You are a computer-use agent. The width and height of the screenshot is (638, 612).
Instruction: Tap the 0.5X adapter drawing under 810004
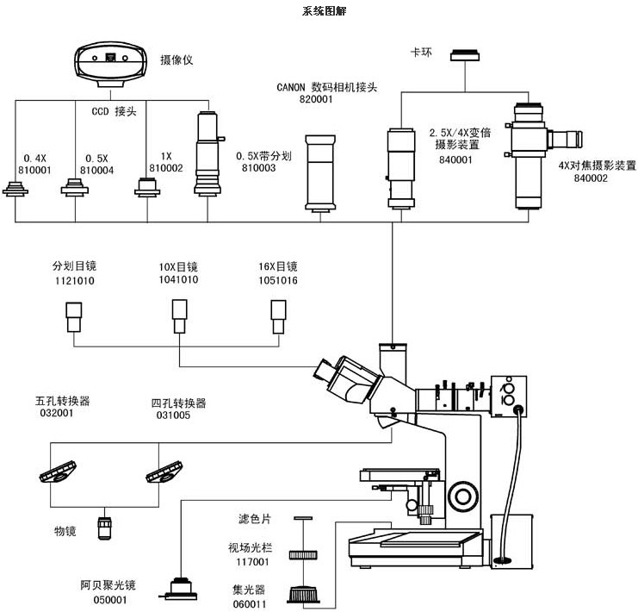coord(76,190)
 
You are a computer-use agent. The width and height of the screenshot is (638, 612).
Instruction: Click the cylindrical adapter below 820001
coord(322,173)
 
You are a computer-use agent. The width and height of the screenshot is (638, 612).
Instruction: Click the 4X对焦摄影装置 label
coord(597,165)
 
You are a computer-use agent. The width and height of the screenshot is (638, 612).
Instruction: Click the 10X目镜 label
coord(178,266)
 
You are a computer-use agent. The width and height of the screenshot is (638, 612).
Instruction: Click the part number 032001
coord(55,413)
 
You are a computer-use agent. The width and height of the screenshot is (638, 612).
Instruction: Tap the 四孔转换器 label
coord(179,403)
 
